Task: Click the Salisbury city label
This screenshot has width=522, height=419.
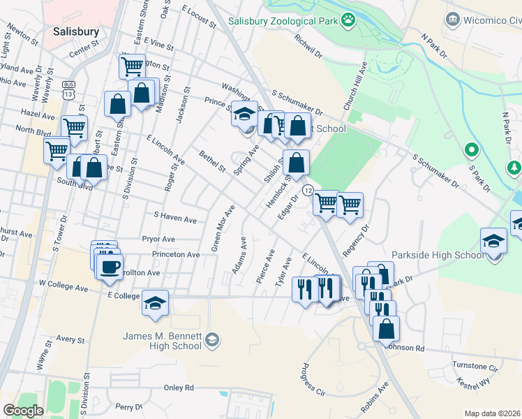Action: [76, 32]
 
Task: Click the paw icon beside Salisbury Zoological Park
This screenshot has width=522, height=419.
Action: [347, 21]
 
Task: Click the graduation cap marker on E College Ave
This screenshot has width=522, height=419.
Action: [155, 304]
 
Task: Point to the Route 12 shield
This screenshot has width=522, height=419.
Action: [307, 190]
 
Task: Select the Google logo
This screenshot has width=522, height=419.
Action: [23, 411]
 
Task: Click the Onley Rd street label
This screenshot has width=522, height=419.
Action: [179, 388]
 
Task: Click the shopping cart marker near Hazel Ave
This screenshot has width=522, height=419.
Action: [74, 127]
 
